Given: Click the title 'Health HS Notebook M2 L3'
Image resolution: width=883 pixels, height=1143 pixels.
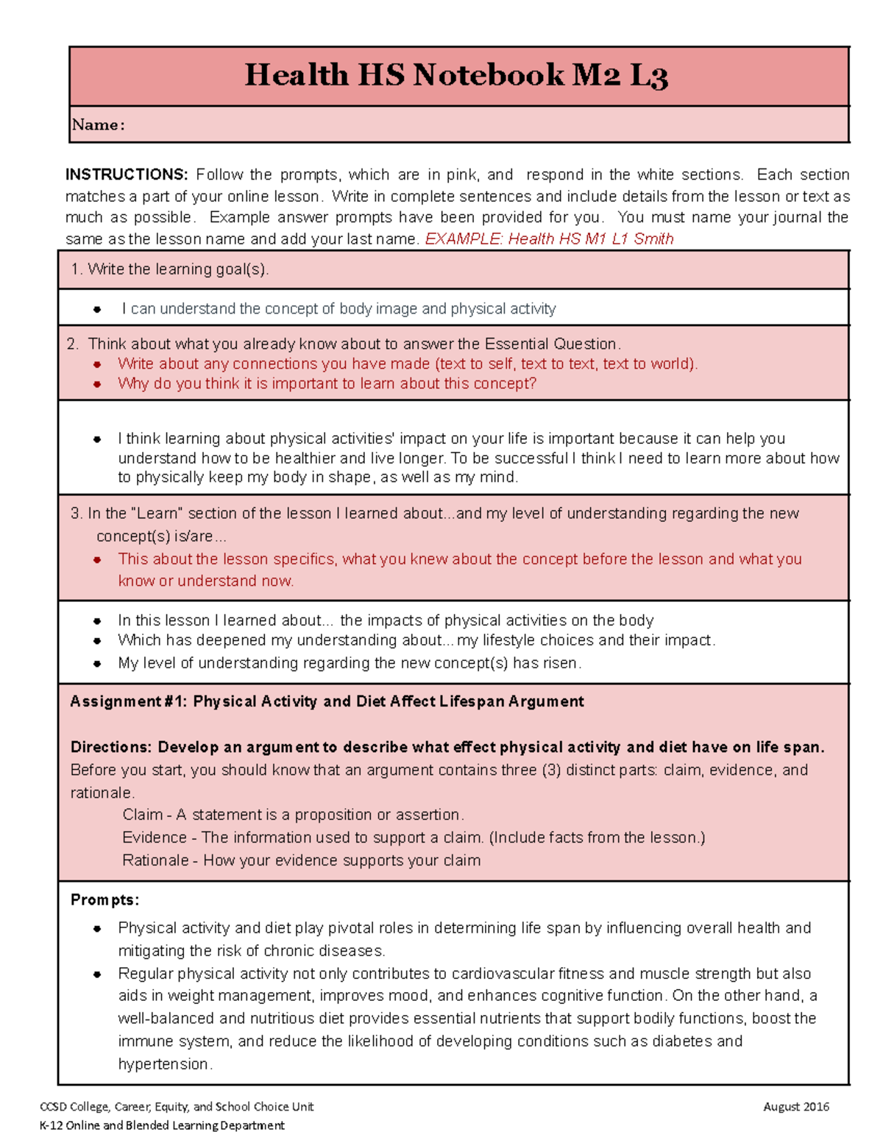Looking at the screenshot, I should (x=455, y=76).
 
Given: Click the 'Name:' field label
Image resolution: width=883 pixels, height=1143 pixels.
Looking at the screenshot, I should (x=98, y=125).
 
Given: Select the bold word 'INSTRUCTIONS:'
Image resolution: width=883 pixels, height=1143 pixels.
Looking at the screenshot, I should (x=127, y=174).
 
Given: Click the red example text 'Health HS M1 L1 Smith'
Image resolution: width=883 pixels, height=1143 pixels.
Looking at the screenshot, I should (x=590, y=238).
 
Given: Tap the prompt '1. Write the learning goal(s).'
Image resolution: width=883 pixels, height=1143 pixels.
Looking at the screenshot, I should (x=170, y=269).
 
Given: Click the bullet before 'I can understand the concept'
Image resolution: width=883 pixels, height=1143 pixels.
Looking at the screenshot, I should (x=97, y=310).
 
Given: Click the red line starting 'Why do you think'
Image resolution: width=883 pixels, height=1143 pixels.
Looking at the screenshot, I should (x=327, y=383).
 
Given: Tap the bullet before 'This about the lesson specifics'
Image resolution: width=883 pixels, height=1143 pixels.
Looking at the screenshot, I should (x=97, y=560).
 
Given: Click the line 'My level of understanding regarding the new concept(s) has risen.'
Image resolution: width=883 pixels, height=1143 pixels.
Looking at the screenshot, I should (x=350, y=663).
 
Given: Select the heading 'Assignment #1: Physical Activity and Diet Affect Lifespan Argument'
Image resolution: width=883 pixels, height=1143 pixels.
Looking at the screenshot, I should (x=327, y=701).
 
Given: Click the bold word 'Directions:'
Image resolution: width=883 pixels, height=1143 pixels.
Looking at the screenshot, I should (x=111, y=747).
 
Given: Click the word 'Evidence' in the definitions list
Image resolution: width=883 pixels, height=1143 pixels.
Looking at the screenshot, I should (x=154, y=838).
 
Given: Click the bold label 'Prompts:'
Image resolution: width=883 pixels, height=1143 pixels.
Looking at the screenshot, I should (x=104, y=900).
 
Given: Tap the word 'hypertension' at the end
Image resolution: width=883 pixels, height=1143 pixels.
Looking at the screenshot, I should (x=163, y=1064).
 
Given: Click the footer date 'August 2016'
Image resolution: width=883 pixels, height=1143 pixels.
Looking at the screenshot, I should (x=796, y=1107).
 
